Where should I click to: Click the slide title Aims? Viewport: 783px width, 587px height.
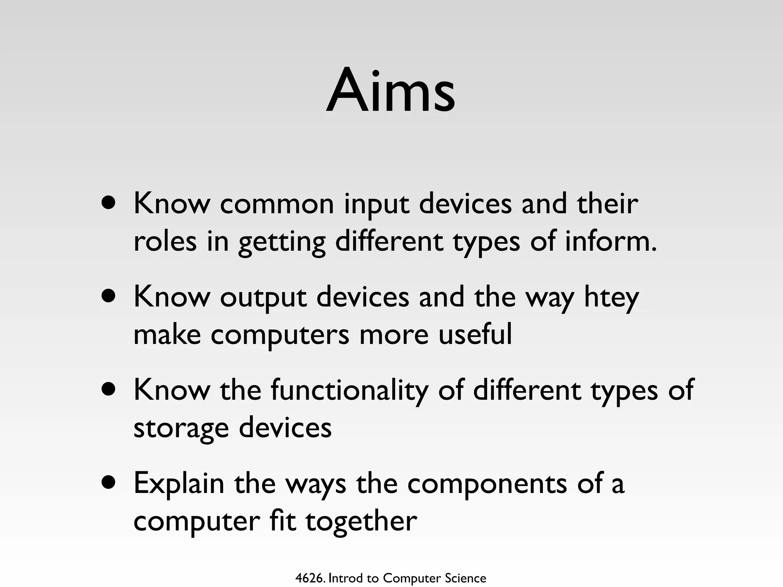click(x=390, y=92)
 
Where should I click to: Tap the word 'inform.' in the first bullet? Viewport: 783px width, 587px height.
click(x=611, y=242)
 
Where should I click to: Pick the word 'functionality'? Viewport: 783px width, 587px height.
click(x=349, y=391)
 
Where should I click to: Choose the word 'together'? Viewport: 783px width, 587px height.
click(x=361, y=521)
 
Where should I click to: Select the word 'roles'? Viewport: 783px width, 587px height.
click(x=165, y=242)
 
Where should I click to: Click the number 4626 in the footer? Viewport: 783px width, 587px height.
click(x=310, y=578)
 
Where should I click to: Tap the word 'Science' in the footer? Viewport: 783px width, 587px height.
click(x=465, y=578)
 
